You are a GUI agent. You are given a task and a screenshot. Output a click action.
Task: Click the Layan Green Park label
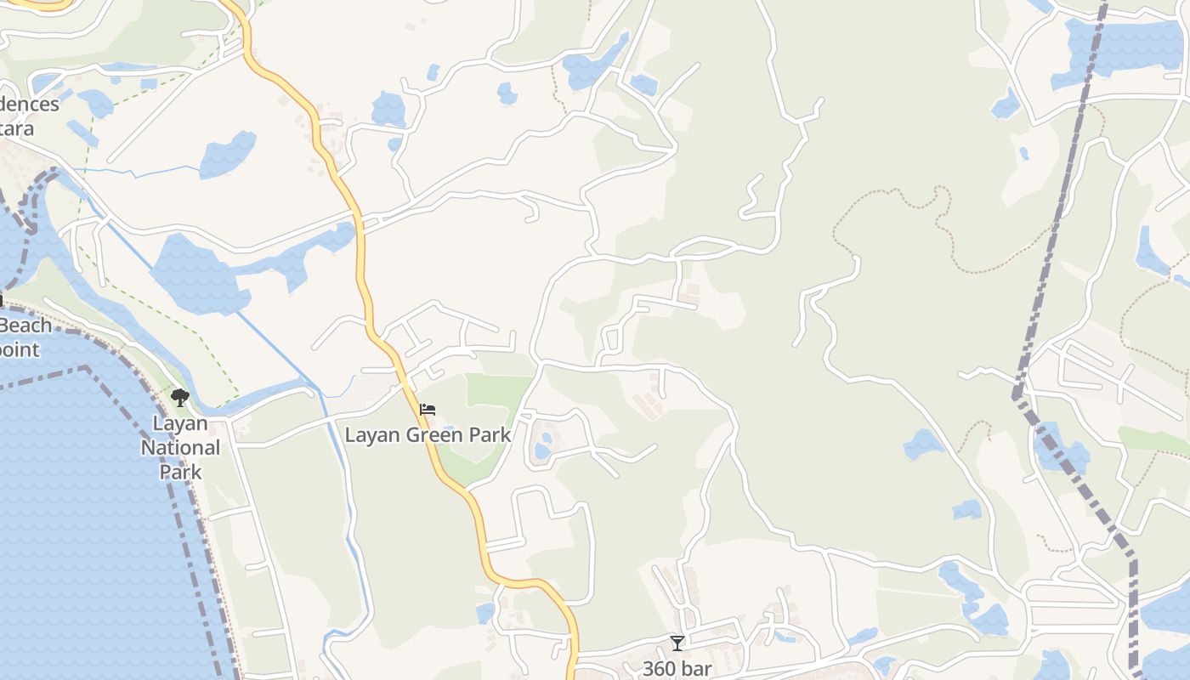(428, 435)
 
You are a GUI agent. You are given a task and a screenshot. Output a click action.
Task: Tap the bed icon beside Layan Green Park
(428, 411)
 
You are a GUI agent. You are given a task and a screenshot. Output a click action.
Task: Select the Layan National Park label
(180, 447)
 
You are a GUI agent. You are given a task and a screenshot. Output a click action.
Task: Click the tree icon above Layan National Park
(179, 397)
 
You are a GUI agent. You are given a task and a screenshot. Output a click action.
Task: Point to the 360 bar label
(677, 668)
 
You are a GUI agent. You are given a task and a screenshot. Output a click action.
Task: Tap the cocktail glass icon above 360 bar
(677, 643)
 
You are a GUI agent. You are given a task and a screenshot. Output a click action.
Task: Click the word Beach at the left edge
(25, 326)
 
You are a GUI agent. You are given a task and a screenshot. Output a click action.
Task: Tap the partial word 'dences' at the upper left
(30, 105)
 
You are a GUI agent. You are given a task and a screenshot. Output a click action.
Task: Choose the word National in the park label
(180, 447)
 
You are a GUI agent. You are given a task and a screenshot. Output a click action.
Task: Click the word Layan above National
(180, 422)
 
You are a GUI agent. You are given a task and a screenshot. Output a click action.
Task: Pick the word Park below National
(180, 472)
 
